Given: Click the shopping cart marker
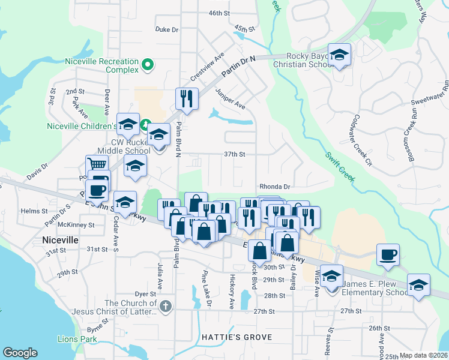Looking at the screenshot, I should coord(97,164).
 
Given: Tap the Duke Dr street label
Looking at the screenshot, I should coord(167,29).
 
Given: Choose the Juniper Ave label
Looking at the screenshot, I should coord(231,97).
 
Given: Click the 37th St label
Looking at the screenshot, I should coord(235,154).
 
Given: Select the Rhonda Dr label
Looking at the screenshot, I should coord(275,187).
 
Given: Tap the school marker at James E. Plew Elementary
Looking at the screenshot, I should coord(331,277).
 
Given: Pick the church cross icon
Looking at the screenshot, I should coord(166,307).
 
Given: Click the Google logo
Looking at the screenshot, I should coord(20,353).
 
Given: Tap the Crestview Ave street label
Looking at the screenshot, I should coord(207,67).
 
